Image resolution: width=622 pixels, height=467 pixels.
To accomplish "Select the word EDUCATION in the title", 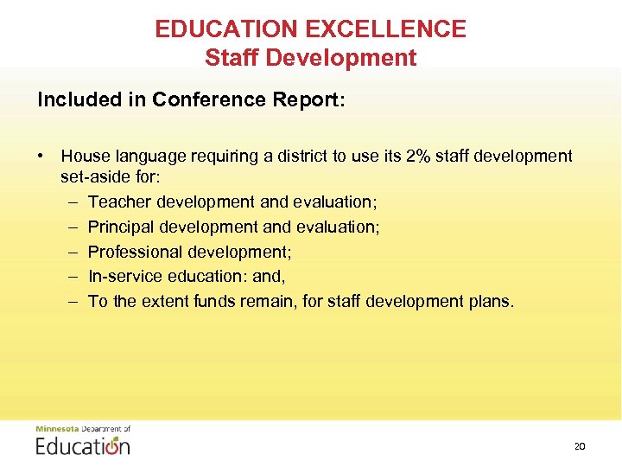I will pos(227,29).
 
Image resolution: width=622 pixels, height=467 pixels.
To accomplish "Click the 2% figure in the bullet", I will pos(421,157).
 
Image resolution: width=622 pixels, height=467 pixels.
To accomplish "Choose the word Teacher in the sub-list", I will pos(117,202).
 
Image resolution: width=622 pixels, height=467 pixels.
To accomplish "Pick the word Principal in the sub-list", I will pos(121,227).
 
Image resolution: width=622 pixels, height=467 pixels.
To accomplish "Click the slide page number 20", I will pos(579,446).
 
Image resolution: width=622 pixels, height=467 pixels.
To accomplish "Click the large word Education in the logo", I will pos(83,446).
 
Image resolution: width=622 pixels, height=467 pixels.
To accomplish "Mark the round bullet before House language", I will pos(41,157).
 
